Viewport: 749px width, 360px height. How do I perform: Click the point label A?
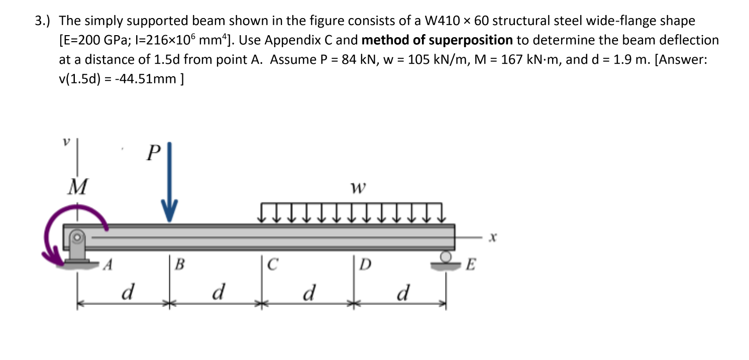[x=106, y=265]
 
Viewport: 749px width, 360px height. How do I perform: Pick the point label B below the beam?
[x=179, y=264]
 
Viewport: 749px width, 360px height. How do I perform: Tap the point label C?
[x=272, y=264]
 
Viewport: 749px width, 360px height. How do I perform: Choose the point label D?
[x=365, y=264]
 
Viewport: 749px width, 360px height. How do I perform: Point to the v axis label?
[x=65, y=143]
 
